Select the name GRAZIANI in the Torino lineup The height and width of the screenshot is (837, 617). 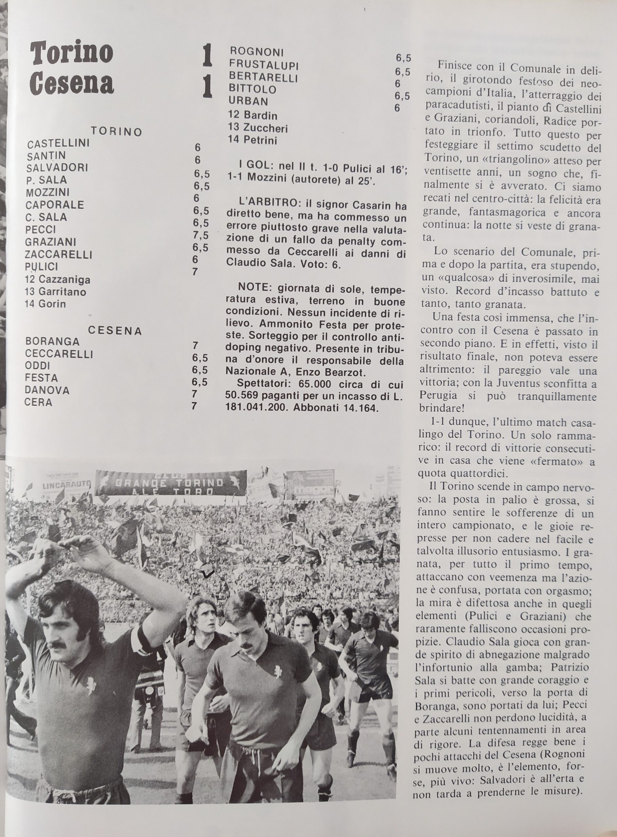(x=52, y=242)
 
